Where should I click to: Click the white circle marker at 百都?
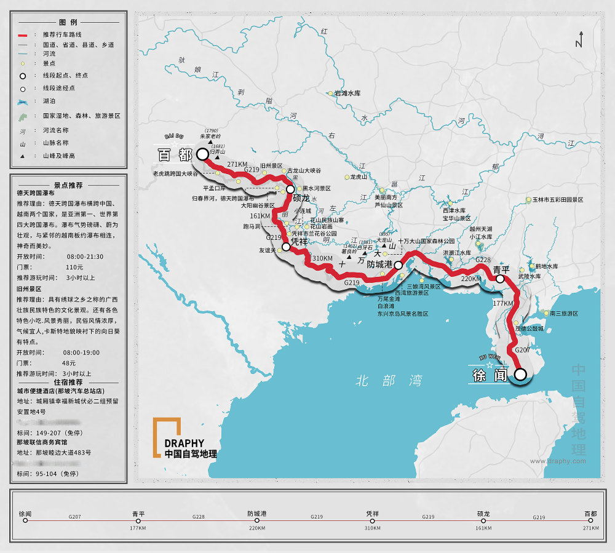(x=202, y=154)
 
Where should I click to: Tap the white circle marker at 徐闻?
(x=520, y=374)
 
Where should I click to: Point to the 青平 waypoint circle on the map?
(x=500, y=279)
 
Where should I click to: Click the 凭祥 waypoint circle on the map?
(x=286, y=247)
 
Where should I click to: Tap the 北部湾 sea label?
(x=389, y=381)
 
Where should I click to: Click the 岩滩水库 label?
(x=347, y=93)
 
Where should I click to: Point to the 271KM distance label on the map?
(x=237, y=164)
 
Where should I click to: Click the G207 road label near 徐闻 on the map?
(x=522, y=350)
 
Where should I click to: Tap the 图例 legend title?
(x=68, y=22)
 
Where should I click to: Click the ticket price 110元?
(x=74, y=268)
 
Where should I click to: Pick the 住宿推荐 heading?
(x=68, y=382)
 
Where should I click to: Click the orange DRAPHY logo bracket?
(x=167, y=428)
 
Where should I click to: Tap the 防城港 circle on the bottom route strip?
(x=257, y=520)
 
